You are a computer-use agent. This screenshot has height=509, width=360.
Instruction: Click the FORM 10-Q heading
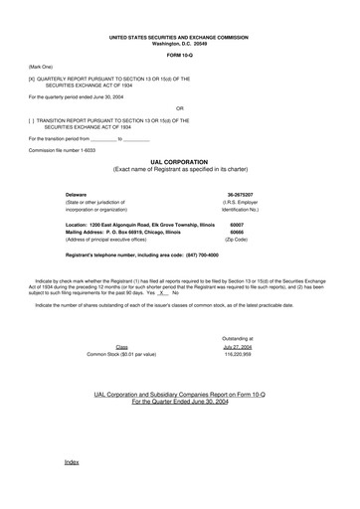pyautogui.click(x=179, y=56)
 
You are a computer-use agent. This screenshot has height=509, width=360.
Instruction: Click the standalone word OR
pyautogui.click(x=179, y=107)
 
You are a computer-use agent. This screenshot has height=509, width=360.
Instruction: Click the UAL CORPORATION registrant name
pyautogui.click(x=179, y=161)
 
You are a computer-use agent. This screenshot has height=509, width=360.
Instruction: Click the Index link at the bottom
pyautogui.click(x=71, y=463)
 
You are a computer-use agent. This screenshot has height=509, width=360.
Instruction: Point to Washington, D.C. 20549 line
pyautogui.click(x=179, y=44)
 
